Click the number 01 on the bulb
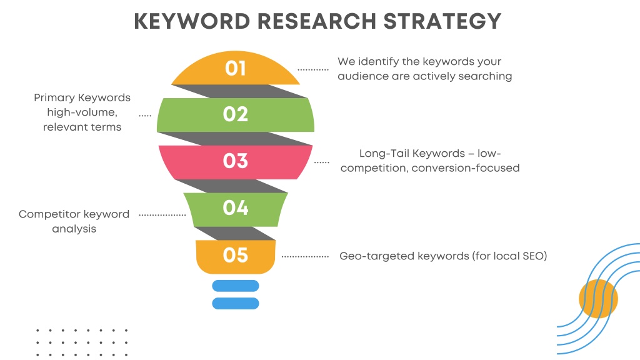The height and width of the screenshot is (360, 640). tap(236, 68)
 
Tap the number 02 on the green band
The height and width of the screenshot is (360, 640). tap(236, 114)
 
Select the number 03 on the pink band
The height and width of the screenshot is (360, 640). tap(236, 161)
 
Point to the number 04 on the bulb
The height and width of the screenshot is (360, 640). tap(236, 207)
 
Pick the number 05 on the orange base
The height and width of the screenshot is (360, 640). tap(236, 255)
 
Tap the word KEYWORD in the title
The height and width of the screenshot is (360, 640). tap(192, 21)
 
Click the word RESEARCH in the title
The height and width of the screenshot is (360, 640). tap(317, 21)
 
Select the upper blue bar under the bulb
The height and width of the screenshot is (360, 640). tap(236, 286)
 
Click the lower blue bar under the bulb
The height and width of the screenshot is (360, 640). tap(236, 303)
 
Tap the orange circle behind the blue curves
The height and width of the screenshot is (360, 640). tap(598, 298)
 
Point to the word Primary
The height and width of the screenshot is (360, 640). tap(54, 98)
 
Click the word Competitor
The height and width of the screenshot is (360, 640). tap(45, 214)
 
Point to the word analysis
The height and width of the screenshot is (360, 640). tap(74, 229)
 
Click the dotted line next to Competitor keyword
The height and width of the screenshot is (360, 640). tap(162, 215)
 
